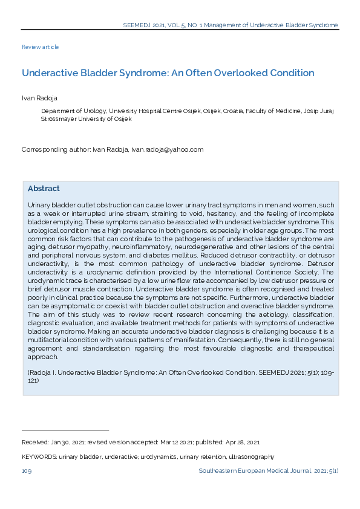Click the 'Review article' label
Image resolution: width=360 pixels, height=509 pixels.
[x=40, y=47]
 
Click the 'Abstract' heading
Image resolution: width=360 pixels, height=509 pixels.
[x=44, y=189]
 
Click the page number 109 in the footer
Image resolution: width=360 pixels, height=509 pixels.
[x=27, y=471]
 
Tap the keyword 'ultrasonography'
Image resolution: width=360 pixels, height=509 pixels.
[x=252, y=457]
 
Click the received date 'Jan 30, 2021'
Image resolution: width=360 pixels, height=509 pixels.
[x=64, y=443]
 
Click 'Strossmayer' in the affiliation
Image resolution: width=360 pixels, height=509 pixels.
[x=59, y=119]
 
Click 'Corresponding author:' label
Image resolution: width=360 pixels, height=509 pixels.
[x=56, y=149]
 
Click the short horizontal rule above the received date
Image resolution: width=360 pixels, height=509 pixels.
[x=65, y=430]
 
